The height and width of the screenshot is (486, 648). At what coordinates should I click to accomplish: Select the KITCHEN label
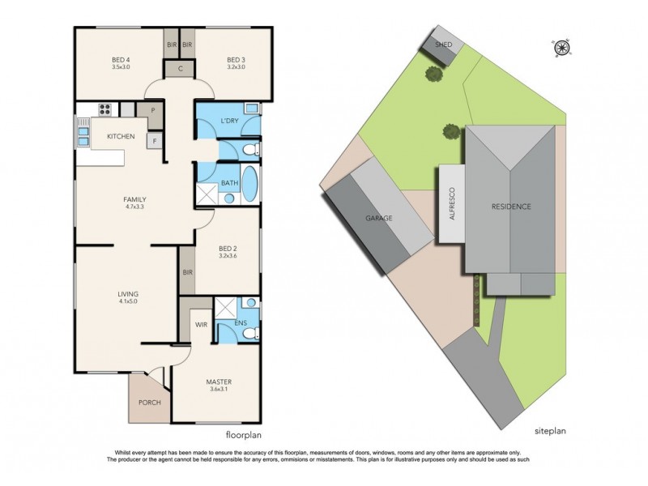pyautogui.click(x=121, y=136)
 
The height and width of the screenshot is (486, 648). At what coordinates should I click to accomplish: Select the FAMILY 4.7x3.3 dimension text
pyautogui.click(x=134, y=207)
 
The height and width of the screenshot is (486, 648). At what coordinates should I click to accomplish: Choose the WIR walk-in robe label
pyautogui.click(x=201, y=324)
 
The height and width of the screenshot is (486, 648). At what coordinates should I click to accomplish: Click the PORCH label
pyautogui.click(x=148, y=401)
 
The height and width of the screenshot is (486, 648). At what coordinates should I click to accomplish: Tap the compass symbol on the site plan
pyautogui.click(x=561, y=47)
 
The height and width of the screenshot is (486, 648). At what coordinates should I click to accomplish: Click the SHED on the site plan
pyautogui.click(x=443, y=45)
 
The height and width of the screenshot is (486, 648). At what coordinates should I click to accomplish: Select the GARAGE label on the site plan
pyautogui.click(x=379, y=219)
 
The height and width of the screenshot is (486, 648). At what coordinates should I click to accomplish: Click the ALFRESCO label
pyautogui.click(x=452, y=206)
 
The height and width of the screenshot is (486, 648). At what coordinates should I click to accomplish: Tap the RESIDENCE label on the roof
pyautogui.click(x=511, y=207)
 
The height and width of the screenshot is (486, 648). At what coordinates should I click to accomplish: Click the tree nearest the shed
pyautogui.click(x=434, y=75)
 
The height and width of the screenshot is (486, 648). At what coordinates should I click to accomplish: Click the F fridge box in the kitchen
pyautogui.click(x=152, y=142)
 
